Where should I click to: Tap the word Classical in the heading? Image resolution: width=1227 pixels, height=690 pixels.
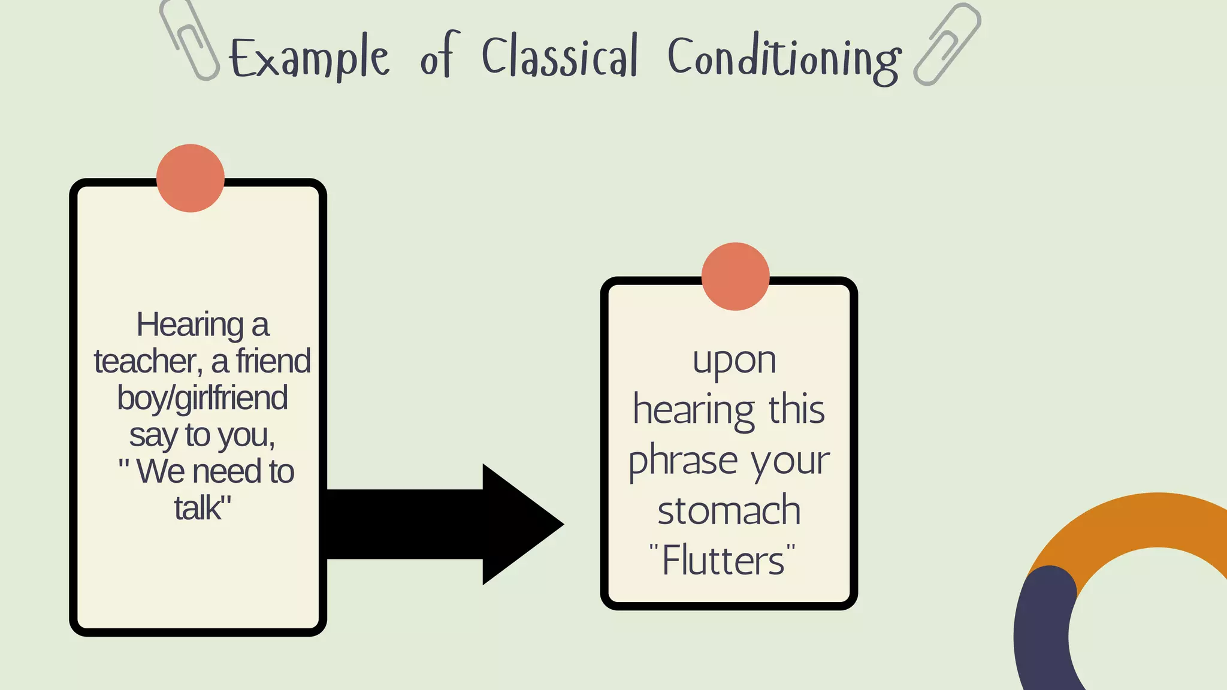pos(560,57)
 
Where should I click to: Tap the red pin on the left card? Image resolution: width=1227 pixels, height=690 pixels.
pos(191,178)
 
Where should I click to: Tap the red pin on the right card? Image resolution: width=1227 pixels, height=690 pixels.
pos(735,276)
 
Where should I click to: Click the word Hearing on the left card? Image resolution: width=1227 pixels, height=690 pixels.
pos(189,326)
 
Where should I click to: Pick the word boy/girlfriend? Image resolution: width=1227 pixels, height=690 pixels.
pos(203,398)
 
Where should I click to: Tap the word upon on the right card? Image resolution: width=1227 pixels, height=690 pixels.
pos(734,362)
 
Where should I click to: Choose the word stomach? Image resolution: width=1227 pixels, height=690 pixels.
pos(729,510)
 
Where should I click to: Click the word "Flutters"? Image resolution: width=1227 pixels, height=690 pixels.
pos(723,561)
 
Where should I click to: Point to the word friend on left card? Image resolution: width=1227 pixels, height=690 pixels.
pos(273,361)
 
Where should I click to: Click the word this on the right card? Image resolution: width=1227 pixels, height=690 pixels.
pos(797,410)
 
